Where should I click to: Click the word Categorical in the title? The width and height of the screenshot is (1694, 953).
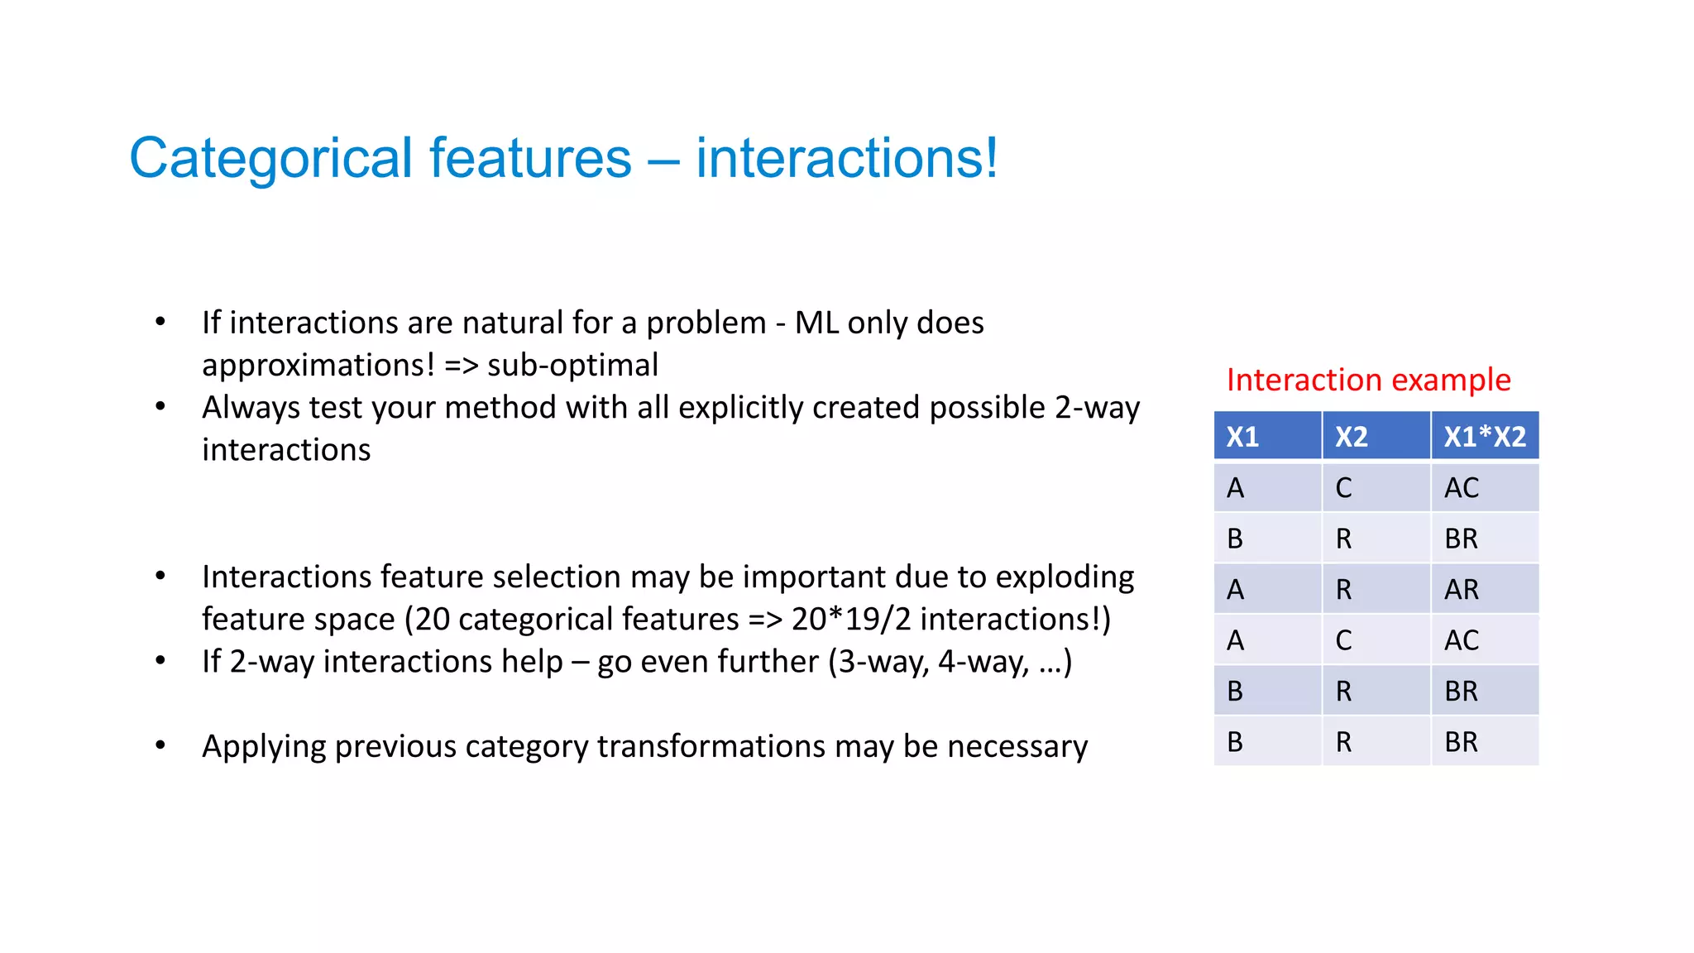(x=270, y=159)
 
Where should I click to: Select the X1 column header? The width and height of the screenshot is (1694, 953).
(x=1242, y=437)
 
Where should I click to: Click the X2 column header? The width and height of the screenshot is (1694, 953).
(x=1352, y=437)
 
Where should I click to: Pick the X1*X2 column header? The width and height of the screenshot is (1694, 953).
(x=1485, y=437)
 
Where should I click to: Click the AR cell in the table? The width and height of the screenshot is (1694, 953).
(x=1462, y=590)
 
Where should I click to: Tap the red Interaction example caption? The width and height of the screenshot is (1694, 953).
(x=1368, y=380)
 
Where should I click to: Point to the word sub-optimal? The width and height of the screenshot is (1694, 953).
(x=572, y=365)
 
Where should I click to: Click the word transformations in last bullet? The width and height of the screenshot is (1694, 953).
(x=711, y=746)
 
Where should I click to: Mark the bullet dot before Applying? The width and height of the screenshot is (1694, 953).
(x=160, y=745)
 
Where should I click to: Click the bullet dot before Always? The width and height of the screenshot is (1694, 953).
(x=160, y=406)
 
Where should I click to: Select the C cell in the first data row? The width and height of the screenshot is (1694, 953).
(x=1343, y=488)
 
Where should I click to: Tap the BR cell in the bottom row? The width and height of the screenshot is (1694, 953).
(x=1462, y=742)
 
